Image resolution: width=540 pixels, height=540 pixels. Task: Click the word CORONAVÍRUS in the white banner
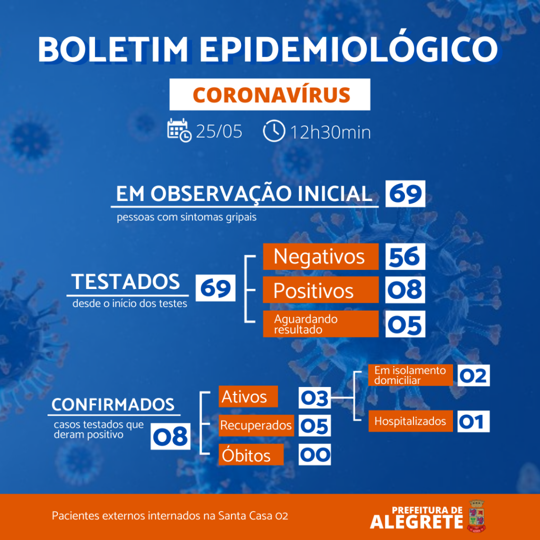coord(272,95)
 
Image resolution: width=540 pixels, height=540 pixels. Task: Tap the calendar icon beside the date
coord(179,130)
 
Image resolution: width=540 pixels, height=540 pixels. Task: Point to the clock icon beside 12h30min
coord(274,131)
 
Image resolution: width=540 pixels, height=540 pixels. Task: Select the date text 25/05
coord(219,131)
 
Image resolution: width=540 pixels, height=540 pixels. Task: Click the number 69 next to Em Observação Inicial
coord(406,194)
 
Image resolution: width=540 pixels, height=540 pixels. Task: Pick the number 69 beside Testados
coord(216,288)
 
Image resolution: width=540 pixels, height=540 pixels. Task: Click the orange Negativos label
coord(321,257)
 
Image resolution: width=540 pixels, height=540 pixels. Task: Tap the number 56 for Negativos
coord(406,257)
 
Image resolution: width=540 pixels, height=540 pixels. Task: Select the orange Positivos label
coord(321,290)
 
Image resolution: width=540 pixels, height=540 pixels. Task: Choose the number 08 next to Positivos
coord(406,290)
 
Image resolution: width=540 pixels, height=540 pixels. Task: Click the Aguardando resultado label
coord(321,324)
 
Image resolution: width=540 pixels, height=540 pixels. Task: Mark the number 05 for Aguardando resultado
coord(406,324)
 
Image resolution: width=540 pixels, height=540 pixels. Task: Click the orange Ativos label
coord(248,397)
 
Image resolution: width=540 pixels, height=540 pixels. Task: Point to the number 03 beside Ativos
coord(315,398)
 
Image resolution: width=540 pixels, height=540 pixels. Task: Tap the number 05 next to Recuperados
coord(315,426)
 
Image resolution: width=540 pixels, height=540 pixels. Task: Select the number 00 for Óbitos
coord(315,455)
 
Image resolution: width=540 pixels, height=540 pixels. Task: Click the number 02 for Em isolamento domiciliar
coord(474,375)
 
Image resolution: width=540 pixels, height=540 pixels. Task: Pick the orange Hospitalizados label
coord(410,421)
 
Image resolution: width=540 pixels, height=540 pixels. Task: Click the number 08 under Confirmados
coord(170,436)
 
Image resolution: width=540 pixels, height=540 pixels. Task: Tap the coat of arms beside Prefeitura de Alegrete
coord(476,516)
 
